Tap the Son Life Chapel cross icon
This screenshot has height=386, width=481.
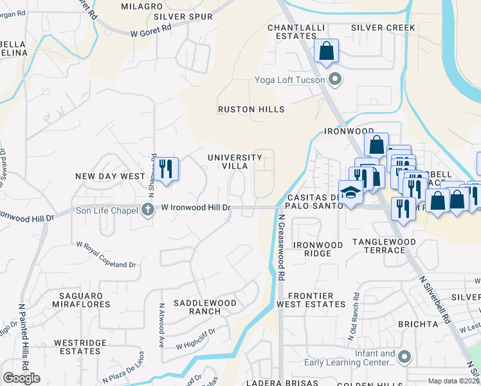point(148,208)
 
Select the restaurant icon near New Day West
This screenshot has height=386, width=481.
point(166,169)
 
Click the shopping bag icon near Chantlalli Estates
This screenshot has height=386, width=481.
point(327,50)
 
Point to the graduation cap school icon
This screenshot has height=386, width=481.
point(350,192)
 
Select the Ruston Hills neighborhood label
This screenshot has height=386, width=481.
point(251,109)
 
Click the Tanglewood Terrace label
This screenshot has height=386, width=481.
point(383,246)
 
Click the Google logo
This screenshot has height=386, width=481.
point(21,378)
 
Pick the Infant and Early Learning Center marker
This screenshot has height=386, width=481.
point(404,356)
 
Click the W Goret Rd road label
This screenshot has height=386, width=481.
point(150,28)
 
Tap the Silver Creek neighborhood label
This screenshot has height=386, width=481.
point(383,28)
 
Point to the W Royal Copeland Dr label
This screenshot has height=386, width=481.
point(106,254)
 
